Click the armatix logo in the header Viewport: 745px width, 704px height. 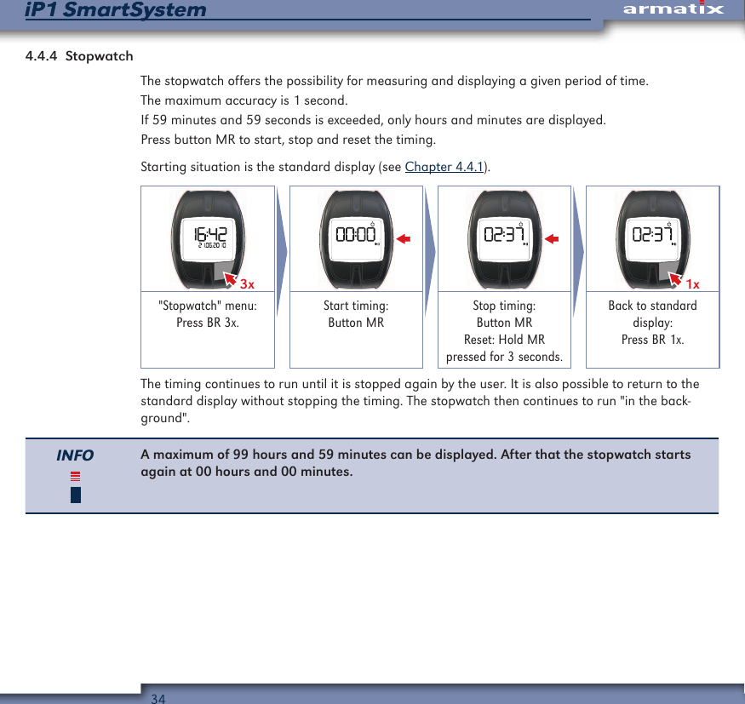pos(673,9)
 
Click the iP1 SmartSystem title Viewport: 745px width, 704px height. pos(116,10)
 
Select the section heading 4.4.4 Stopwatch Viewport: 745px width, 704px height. pos(79,56)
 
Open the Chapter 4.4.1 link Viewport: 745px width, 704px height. pos(444,166)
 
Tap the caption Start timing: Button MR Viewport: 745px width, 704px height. pos(356,314)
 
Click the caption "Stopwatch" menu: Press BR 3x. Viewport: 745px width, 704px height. pos(208,314)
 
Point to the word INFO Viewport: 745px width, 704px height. pos(75,455)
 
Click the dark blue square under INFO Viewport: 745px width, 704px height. pos(76,495)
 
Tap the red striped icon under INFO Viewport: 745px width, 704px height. pos(76,477)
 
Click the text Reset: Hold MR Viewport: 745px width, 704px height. pos(504,340)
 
